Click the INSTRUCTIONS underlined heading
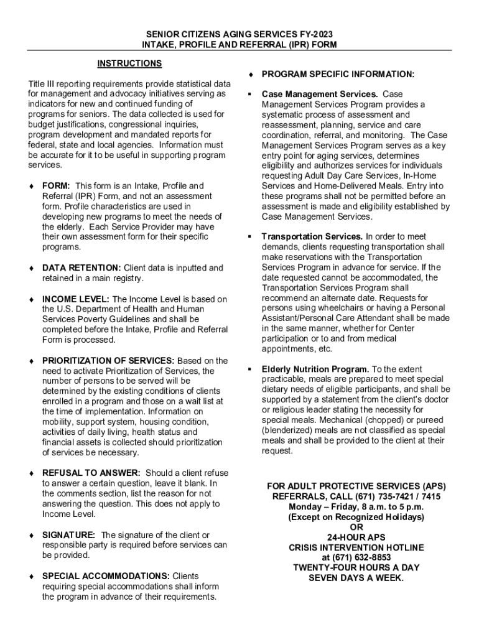129,63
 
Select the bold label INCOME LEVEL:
75,299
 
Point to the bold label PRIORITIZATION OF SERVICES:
108,361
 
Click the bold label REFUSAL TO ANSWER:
91,473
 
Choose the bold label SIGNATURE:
68,535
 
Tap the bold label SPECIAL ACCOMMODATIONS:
105,576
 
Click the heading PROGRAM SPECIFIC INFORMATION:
338,75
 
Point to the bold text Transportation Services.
312,237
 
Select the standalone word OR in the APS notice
356,528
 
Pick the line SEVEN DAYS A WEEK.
356,578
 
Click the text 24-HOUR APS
356,537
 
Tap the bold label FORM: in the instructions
55,186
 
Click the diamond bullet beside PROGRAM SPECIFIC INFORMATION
249,75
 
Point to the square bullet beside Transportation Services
249,237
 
